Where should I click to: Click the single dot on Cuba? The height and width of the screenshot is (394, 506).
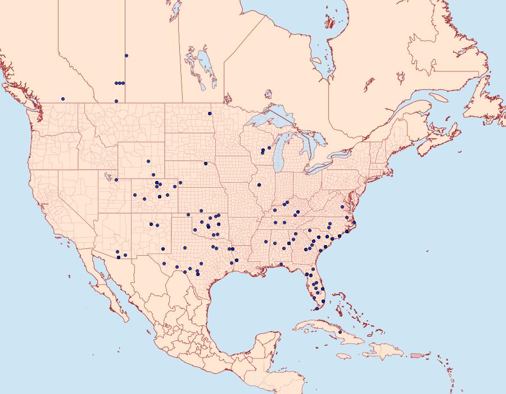click(340, 332)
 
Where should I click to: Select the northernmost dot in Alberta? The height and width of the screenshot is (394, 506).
click(126, 56)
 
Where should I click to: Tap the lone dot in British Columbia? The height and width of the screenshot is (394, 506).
click(63, 99)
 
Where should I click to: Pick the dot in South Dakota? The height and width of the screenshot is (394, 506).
click(206, 164)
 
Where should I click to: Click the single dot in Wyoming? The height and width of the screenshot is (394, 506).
click(148, 161)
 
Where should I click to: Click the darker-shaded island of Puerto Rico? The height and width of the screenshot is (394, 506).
click(416, 355)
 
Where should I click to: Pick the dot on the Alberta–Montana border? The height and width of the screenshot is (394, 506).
click(116, 101)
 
